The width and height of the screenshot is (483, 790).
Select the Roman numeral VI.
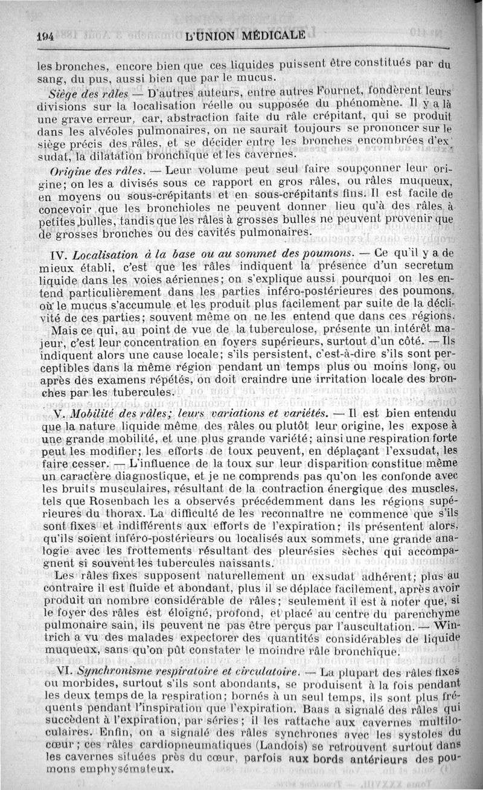[63, 672]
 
